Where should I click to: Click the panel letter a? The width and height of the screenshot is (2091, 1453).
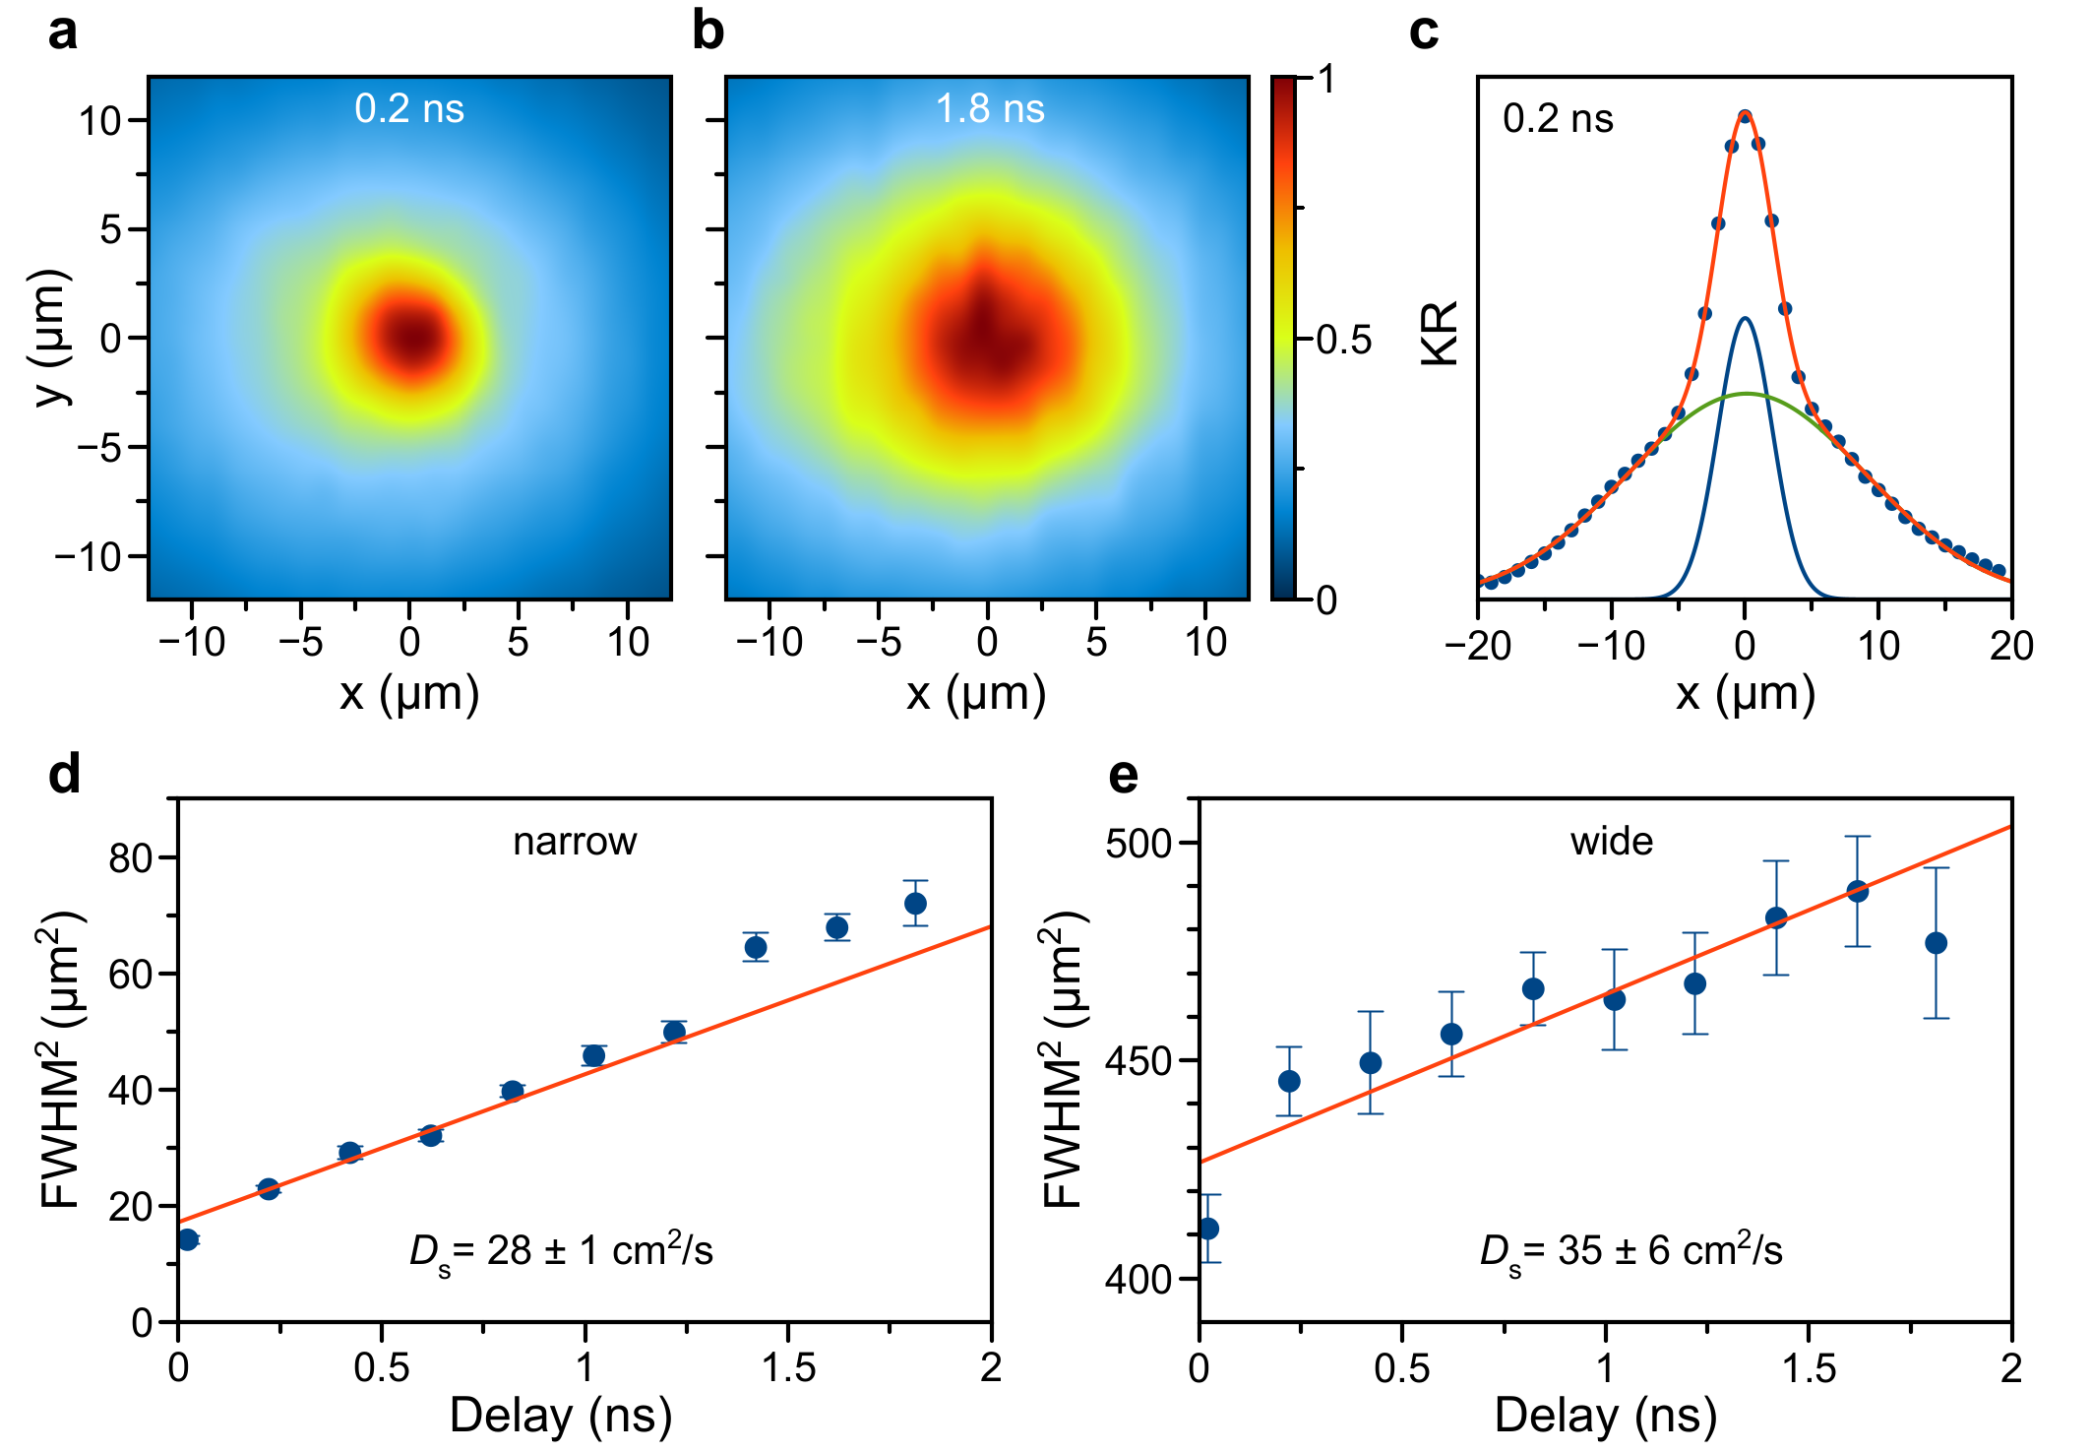pyautogui.click(x=63, y=32)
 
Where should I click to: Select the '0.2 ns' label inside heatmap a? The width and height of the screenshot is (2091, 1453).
pyautogui.click(x=409, y=108)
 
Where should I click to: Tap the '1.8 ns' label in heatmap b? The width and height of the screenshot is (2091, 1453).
pyautogui.click(x=990, y=108)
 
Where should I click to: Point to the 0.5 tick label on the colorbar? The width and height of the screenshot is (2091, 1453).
pyautogui.click(x=1343, y=341)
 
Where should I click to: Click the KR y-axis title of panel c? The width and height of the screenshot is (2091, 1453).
pyautogui.click(x=1441, y=335)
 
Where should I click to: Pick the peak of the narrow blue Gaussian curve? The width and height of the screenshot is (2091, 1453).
pyautogui.click(x=1745, y=319)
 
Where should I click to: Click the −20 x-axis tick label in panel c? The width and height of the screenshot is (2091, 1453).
pyautogui.click(x=1478, y=646)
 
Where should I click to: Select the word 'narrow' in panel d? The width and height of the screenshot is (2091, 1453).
pyautogui.click(x=575, y=842)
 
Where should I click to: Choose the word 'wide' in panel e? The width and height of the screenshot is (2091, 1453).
pyautogui.click(x=1612, y=842)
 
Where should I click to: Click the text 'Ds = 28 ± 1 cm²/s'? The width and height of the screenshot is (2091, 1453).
pyautogui.click(x=561, y=1251)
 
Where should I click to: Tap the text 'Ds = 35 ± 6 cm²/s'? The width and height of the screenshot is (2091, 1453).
pyautogui.click(x=1630, y=1251)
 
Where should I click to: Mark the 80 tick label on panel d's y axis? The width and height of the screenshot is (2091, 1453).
pyautogui.click(x=130, y=858)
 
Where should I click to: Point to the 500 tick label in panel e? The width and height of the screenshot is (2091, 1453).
pyautogui.click(x=1138, y=844)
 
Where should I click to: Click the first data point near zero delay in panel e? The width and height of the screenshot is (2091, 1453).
pyautogui.click(x=1209, y=1229)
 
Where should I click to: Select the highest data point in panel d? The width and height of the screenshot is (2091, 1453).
pyautogui.click(x=915, y=904)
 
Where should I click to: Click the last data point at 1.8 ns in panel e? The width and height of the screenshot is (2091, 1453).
pyautogui.click(x=1936, y=943)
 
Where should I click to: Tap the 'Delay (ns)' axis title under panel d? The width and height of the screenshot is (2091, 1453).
pyautogui.click(x=561, y=1416)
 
